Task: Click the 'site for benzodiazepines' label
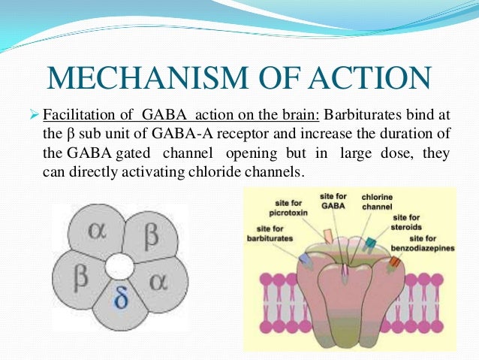pos(427,244)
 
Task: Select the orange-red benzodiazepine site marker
pos(395,264)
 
